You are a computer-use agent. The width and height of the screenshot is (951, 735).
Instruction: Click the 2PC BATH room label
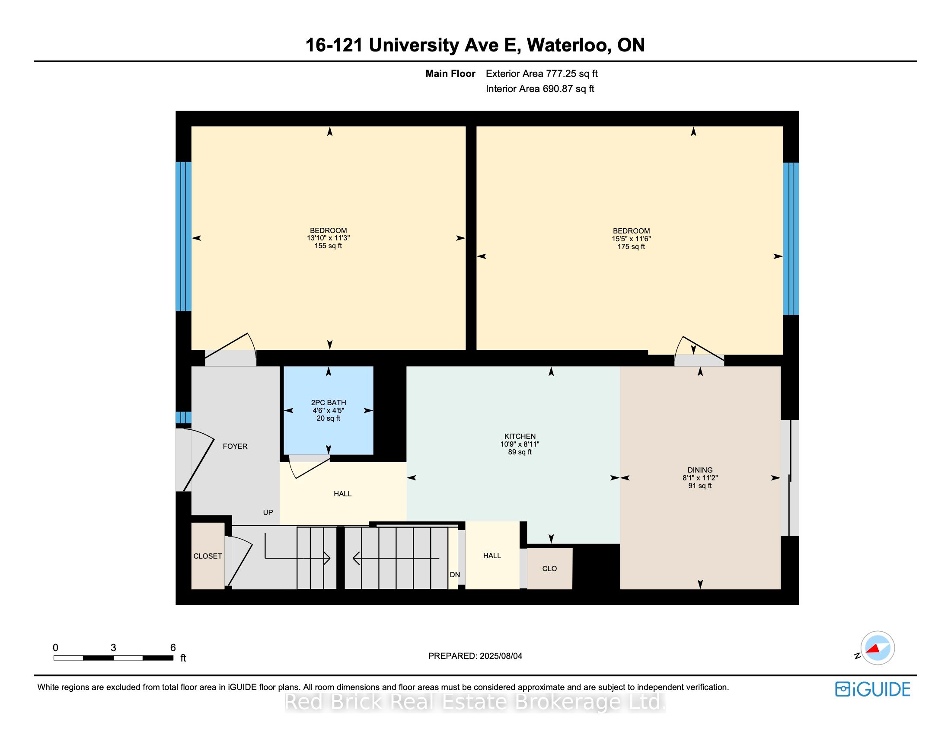[329, 403]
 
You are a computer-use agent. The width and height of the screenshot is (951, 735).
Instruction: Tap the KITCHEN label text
[520, 436]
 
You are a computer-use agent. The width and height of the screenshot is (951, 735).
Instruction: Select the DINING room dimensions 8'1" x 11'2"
[700, 478]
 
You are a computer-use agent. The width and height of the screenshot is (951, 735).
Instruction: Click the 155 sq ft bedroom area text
[328, 246]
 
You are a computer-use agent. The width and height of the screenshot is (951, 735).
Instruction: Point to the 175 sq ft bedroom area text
[631, 247]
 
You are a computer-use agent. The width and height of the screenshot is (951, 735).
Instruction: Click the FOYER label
[235, 446]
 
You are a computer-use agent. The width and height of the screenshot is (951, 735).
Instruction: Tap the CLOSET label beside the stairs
[207, 556]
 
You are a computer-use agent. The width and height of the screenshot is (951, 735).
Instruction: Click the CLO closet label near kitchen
[549, 569]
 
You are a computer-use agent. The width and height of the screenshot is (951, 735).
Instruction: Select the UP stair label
[268, 512]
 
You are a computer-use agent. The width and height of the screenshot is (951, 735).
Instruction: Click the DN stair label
[455, 575]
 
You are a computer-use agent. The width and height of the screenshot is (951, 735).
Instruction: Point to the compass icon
[877, 648]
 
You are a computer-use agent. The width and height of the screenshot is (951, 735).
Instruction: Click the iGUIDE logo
[872, 689]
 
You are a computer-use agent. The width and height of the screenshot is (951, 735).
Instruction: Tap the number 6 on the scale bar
[173, 648]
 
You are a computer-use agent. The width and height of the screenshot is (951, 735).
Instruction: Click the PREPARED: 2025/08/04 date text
[475, 656]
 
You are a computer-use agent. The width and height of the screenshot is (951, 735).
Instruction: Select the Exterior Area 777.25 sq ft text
[542, 73]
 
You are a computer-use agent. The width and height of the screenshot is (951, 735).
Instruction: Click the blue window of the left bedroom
[183, 236]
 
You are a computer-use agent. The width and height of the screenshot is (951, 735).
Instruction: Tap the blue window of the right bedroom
[791, 239]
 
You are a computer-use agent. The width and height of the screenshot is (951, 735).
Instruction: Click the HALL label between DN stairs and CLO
[491, 556]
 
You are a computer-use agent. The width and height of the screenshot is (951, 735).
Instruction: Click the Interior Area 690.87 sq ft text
[540, 89]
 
